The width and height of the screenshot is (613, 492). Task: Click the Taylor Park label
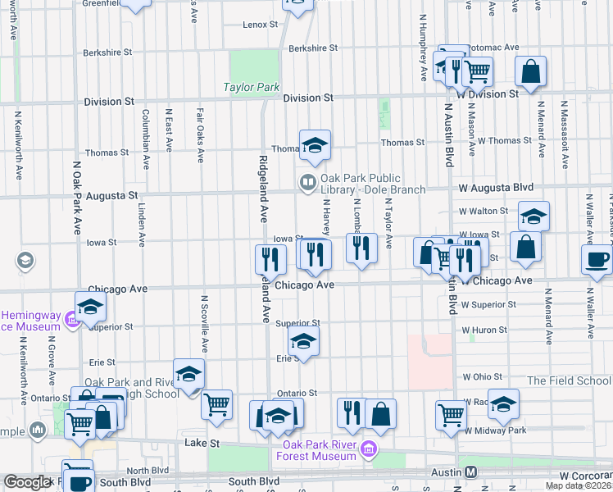(x=252, y=87)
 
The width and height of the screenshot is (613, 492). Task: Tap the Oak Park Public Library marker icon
(x=308, y=182)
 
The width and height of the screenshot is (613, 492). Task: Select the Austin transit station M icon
(x=470, y=472)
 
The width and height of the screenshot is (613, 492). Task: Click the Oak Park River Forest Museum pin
(x=369, y=449)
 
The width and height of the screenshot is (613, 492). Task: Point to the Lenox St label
(x=261, y=25)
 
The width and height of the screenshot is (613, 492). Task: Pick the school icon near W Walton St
(x=534, y=216)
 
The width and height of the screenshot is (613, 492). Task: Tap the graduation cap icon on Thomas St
(x=315, y=144)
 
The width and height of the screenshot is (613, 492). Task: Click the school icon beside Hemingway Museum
(x=90, y=307)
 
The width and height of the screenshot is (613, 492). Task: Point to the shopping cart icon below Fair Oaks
(x=216, y=403)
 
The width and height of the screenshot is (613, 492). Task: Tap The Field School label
(x=569, y=380)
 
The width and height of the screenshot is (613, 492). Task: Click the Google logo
(x=27, y=482)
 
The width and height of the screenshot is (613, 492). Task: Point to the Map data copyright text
(x=579, y=486)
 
